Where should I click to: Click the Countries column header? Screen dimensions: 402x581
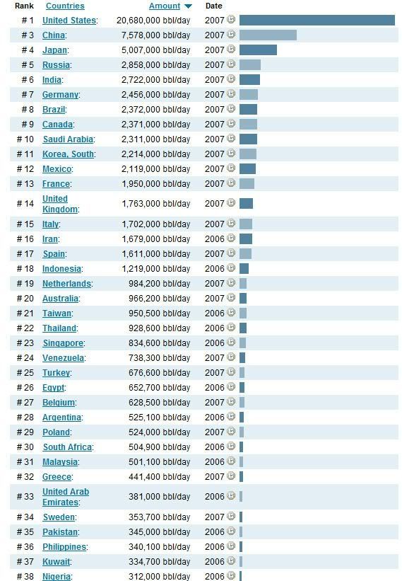(65, 6)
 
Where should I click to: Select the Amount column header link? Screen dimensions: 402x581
(165, 6)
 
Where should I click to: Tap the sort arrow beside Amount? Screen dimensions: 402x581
(188, 6)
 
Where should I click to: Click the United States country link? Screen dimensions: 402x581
(69, 21)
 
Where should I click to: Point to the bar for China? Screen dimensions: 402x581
(268, 35)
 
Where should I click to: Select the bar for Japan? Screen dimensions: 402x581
(258, 50)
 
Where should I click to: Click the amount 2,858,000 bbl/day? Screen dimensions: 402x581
(155, 65)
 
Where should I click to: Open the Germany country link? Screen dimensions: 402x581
(60, 95)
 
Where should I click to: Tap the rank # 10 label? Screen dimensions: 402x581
(25, 139)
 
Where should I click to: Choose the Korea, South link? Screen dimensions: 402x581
(68, 154)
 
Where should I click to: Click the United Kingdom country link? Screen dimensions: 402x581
(60, 204)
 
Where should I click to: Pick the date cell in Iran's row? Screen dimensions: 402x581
(215, 239)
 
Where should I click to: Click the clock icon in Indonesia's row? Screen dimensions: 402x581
(231, 268)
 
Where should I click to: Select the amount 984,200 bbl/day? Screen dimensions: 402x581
(160, 284)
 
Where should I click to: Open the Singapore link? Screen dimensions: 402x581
(64, 343)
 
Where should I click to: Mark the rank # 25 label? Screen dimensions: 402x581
(25, 373)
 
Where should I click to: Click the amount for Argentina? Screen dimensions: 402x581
(160, 418)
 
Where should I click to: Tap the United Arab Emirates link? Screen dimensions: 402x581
(66, 497)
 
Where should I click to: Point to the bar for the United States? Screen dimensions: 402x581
(317, 21)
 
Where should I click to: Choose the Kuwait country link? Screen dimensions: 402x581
(57, 562)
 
